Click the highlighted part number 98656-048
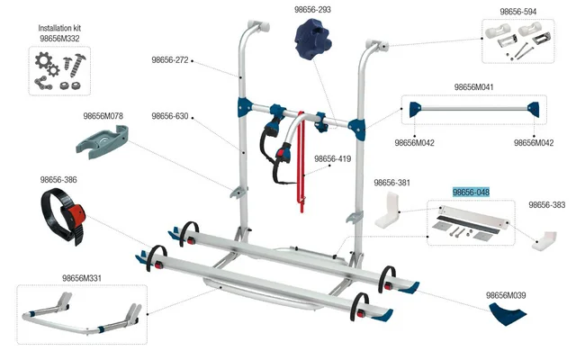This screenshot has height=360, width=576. coord(471,192)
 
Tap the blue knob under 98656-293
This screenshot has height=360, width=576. coord(312,43)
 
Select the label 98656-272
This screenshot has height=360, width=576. coord(169,59)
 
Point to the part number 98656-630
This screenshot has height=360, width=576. coord(169,116)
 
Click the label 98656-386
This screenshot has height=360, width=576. coord(58,180)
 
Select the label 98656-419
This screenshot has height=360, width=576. coord(332,159)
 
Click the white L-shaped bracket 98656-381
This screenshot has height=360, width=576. coord(390,210)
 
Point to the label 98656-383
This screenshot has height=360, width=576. coord(547,205)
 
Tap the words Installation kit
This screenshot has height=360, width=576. coord(59,29)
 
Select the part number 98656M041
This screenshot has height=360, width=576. coord(473,87)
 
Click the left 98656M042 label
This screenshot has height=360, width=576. coord(414,142)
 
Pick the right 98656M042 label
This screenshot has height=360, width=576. coord(533,142)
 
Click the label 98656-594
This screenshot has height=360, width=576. coord(517,12)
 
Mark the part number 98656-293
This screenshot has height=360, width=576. coord(312,10)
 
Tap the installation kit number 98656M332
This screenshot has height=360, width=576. coord(59,39)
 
